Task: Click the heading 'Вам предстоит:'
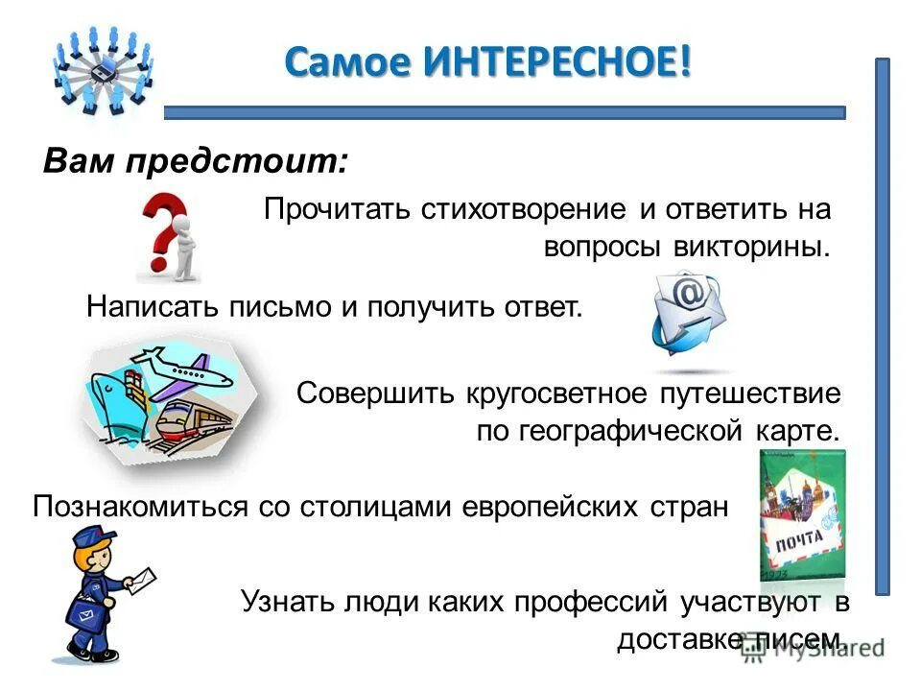196,160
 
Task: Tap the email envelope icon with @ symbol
688,316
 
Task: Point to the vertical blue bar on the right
882,326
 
